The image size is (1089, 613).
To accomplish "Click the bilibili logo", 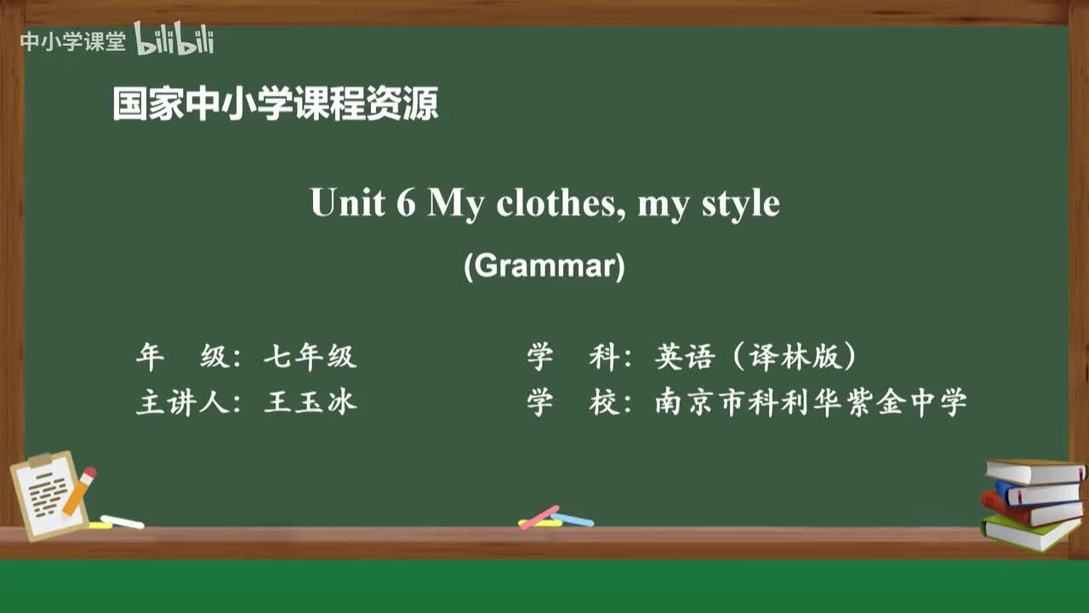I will click(x=174, y=39).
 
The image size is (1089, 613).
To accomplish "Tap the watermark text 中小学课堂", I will click(x=72, y=42).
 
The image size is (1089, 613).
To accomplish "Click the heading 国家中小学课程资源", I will click(x=276, y=104).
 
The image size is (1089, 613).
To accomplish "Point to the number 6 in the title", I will click(x=405, y=203).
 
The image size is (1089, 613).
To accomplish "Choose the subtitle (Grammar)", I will click(x=544, y=266).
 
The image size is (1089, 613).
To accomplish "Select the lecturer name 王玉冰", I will click(x=310, y=402).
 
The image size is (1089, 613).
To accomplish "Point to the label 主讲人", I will click(x=181, y=402).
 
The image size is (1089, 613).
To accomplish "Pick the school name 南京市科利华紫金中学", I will click(x=811, y=402).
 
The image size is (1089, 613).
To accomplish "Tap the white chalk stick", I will click(x=123, y=521).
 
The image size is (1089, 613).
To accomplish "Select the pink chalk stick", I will click(x=539, y=517).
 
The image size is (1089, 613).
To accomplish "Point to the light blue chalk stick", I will click(x=572, y=519).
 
